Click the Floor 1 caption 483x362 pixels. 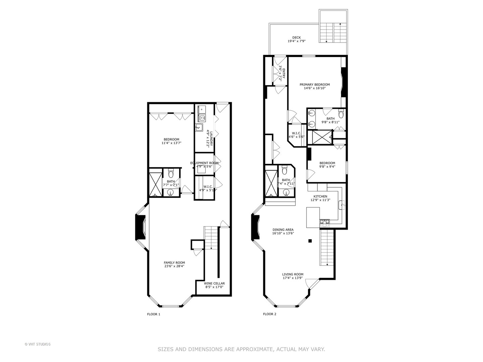154,314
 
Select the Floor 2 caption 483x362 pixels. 270,314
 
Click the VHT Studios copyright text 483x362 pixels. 38,344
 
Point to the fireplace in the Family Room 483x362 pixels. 139,228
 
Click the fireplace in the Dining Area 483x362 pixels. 255,228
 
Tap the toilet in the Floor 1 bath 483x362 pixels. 171,174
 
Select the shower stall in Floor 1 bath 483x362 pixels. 155,184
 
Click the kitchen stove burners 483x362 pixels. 324,221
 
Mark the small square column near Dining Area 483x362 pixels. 310,241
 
